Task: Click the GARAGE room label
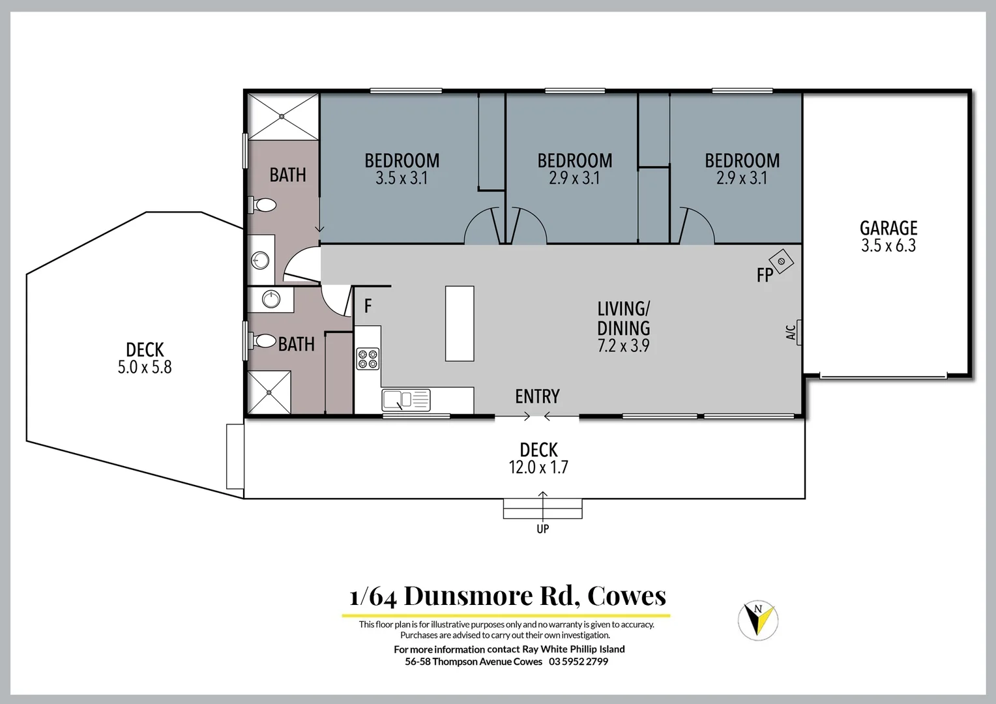pos(888,228)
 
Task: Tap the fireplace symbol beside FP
pos(781,261)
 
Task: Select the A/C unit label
pos(791,332)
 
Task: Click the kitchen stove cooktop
pos(368,359)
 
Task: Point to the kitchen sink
pos(405,400)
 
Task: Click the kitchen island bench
pos(460,323)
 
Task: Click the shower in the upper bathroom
pos(282,117)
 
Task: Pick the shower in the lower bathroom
pos(269,392)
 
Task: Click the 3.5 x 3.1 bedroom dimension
pos(402,179)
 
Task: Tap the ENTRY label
pos(537,396)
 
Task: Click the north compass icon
pos(758,619)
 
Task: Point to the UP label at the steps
pos(542,529)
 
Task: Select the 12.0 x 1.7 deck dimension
pos(538,467)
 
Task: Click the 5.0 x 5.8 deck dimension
pos(145,368)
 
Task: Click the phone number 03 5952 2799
pos(578,662)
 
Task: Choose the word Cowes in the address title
pos(626,596)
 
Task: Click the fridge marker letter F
pos(368,306)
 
